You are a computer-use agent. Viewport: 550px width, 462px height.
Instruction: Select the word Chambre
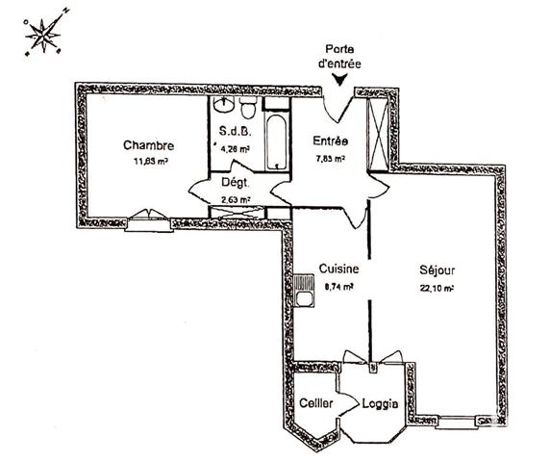144,145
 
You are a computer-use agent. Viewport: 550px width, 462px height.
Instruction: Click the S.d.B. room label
236,132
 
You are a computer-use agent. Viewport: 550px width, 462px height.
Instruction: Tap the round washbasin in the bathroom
225,104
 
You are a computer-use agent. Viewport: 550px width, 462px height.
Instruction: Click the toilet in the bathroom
248,103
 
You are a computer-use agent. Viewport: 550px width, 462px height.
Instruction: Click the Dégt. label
237,182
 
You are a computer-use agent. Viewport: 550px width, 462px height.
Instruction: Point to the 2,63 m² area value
236,199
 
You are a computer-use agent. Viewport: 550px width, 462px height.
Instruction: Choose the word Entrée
330,141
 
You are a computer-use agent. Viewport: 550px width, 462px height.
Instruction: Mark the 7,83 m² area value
330,159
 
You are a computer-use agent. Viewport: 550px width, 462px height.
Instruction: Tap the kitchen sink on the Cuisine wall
305,288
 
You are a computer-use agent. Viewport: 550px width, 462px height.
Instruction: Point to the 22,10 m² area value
437,287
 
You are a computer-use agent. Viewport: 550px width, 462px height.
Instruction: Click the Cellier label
316,403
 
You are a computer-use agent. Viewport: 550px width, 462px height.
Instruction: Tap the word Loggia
381,403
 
